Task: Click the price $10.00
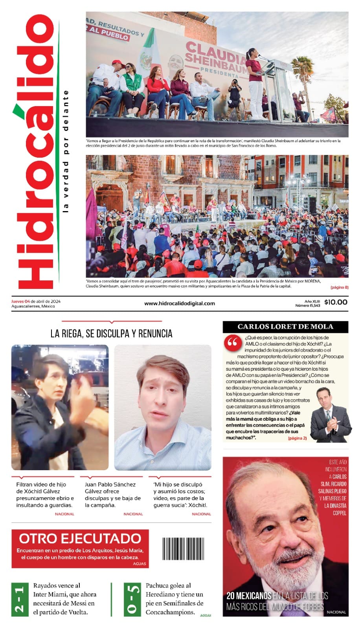(x=336, y=302)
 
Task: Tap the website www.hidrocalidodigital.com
(x=180, y=303)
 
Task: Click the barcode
(x=183, y=548)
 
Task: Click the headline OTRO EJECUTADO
(x=80, y=538)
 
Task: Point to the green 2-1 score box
(x=20, y=599)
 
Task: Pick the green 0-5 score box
(x=132, y=599)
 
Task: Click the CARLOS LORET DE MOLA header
(x=285, y=326)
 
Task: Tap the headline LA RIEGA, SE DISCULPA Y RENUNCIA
(x=111, y=334)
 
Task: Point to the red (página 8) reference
(x=339, y=287)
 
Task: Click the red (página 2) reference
(x=297, y=438)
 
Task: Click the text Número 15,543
(x=307, y=305)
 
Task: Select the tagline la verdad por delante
(x=66, y=151)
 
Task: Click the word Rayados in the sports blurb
(x=46, y=586)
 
